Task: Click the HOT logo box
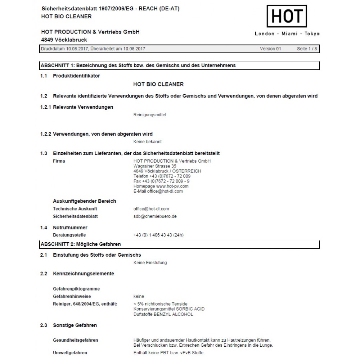pos(287,16)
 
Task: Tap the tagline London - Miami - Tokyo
pos(287,34)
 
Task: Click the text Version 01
pos(270,49)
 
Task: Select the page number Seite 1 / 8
pos(307,49)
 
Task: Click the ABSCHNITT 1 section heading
pos(138,66)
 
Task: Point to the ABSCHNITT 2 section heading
pos(81,244)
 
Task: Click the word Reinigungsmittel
pos(150,115)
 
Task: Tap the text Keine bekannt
pos(148,142)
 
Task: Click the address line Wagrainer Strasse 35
pos(155,166)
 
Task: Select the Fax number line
pos(161,181)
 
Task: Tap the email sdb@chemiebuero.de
pos(155,216)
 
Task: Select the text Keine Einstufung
pos(150,263)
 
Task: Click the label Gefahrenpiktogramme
pos(76,289)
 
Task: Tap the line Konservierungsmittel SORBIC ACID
pos(169,309)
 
